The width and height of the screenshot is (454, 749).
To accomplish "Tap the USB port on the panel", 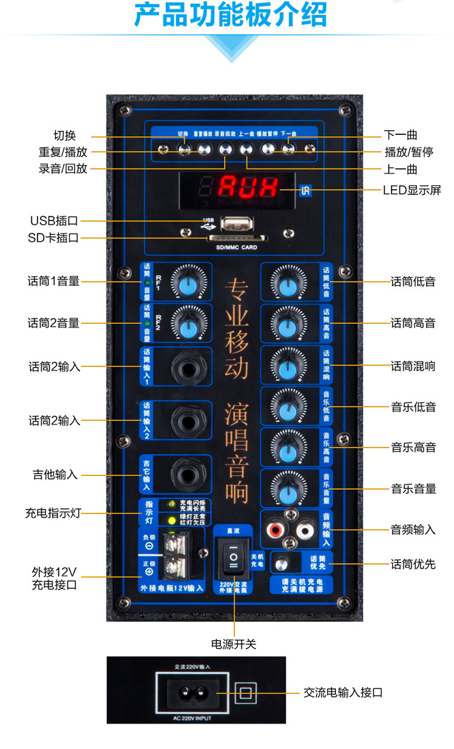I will pyautogui.click(x=236, y=223).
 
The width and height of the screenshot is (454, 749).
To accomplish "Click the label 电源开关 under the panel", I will pyautogui.click(x=234, y=644).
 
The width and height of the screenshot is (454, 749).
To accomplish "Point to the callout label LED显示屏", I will pyautogui.click(x=412, y=190).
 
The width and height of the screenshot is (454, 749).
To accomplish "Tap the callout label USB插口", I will pyautogui.click(x=54, y=221).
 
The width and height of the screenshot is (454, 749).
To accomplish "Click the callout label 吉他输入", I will pyautogui.click(x=55, y=475).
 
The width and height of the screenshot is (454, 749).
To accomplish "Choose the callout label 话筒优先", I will pyautogui.click(x=413, y=564).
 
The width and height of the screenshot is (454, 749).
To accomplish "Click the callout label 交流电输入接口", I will pyautogui.click(x=343, y=692).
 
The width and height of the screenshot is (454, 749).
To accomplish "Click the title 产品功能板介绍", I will pyautogui.click(x=231, y=15).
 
